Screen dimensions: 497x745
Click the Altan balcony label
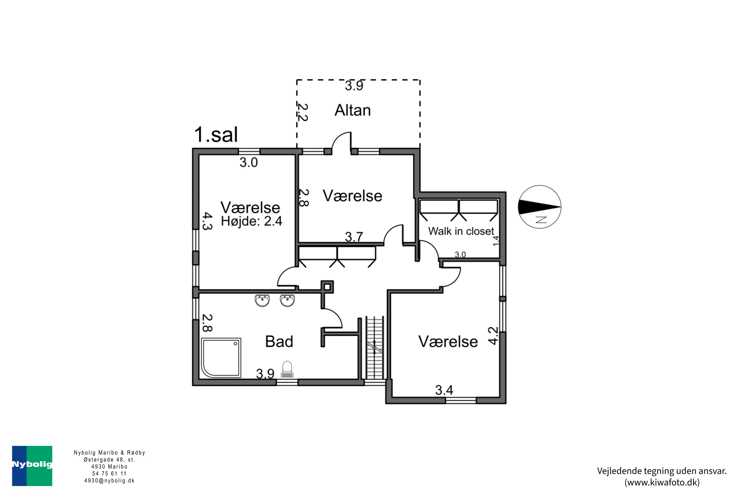tap(353, 110)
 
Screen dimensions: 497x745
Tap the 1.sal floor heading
tap(216, 134)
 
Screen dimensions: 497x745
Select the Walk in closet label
tap(461, 231)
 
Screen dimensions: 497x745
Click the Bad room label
tap(279, 342)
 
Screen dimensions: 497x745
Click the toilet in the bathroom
tap(287, 369)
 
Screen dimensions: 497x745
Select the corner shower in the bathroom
tap(221, 358)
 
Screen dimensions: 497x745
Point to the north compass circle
tap(539, 207)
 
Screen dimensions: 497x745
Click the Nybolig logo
tap(32, 466)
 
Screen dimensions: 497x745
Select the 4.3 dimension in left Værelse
tap(207, 221)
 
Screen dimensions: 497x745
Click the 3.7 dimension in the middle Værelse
tap(354, 237)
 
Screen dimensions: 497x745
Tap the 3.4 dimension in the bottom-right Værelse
tap(444, 390)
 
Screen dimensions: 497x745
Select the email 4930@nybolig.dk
tap(109, 481)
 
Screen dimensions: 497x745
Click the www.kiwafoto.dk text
tap(662, 482)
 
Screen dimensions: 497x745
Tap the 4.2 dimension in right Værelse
tap(493, 336)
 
